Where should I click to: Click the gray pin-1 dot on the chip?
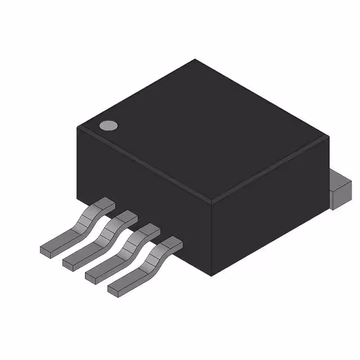[x=108, y=125]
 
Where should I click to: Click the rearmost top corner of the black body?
[x=195, y=60]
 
